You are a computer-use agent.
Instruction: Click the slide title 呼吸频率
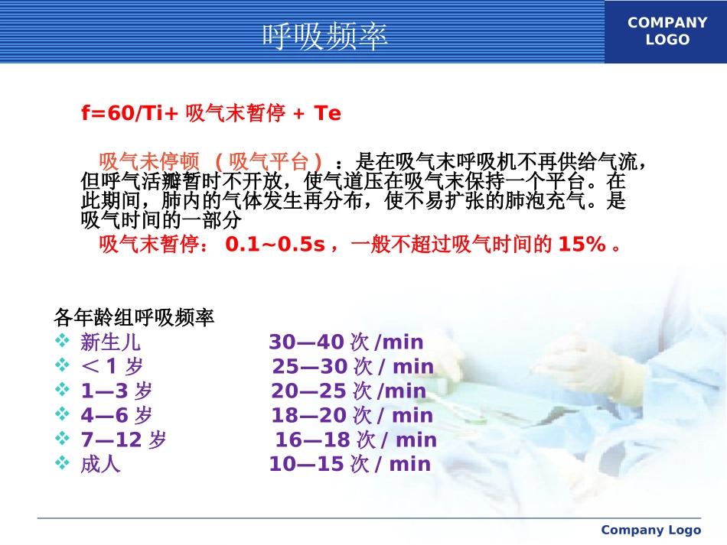325,36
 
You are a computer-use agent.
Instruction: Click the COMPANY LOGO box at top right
667,31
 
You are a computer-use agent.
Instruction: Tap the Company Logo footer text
650,530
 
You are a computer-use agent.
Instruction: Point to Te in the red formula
328,114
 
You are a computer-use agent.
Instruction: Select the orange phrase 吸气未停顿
149,162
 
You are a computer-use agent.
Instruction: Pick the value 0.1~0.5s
275,245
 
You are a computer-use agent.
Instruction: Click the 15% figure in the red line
582,245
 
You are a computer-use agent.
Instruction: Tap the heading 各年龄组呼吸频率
134,316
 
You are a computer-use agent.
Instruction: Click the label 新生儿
110,342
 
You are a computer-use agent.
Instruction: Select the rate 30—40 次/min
346,342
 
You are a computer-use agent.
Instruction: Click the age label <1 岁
112,366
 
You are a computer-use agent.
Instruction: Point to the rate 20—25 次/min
348,391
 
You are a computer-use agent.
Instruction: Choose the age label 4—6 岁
116,415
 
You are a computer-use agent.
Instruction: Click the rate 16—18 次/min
356,440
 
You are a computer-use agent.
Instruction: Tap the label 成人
100,464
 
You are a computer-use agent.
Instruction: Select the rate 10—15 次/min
350,464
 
